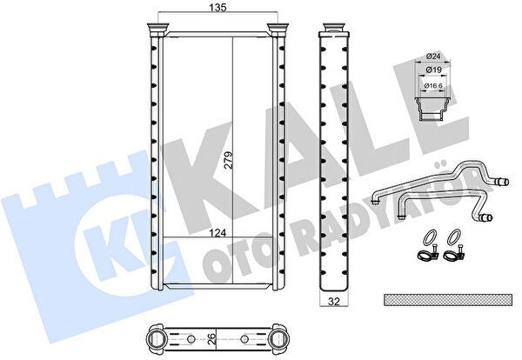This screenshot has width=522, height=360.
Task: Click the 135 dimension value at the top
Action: (218, 7)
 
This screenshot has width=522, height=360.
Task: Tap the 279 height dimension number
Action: (228, 160)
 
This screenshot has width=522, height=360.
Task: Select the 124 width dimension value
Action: (217, 233)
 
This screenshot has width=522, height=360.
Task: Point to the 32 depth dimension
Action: (334, 302)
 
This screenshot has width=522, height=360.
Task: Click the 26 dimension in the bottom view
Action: (211, 339)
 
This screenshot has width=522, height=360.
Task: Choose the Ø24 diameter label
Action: (433, 57)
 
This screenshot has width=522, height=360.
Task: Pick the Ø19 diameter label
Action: (433, 70)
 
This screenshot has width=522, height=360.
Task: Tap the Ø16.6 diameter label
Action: (433, 86)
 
